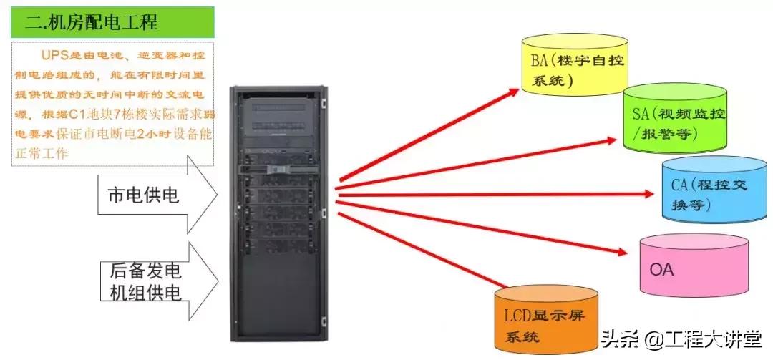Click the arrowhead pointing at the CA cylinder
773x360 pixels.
pos(648,193)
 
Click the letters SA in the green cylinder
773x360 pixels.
pos(641,114)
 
